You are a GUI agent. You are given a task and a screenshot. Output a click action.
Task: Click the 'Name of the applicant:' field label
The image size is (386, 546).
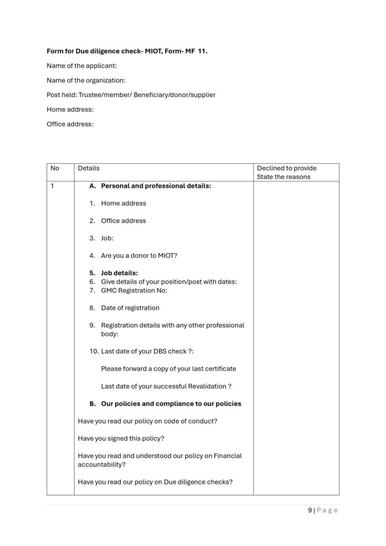click(x=82, y=66)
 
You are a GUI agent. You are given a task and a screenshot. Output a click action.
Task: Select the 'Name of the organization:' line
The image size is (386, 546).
click(x=86, y=81)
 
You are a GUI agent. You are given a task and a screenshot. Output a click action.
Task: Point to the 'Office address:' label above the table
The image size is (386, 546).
click(x=70, y=124)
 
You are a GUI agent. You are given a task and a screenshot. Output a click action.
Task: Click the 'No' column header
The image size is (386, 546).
click(x=54, y=168)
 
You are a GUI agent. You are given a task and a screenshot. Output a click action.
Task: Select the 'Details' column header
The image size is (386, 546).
click(x=89, y=168)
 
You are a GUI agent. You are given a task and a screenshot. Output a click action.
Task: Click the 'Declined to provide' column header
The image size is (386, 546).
click(x=286, y=168)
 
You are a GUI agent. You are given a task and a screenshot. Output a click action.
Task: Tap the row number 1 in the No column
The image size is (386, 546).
click(x=52, y=186)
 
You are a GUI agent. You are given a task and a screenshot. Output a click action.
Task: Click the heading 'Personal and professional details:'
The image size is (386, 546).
click(x=156, y=186)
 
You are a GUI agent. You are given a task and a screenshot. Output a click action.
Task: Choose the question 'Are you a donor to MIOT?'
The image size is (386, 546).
click(x=139, y=255)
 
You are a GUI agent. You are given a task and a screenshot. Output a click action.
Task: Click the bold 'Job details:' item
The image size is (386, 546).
click(x=119, y=273)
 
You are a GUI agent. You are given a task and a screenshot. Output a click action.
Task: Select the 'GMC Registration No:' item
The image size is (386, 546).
click(x=134, y=291)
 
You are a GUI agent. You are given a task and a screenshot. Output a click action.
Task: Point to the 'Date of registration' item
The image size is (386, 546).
click(x=130, y=308)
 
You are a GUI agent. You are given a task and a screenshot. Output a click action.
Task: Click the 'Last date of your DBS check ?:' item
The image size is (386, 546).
click(x=147, y=351)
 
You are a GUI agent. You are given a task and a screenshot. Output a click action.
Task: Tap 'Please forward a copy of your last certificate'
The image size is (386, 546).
click(x=168, y=368)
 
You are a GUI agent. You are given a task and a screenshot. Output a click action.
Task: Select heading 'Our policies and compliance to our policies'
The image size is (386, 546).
click(x=171, y=404)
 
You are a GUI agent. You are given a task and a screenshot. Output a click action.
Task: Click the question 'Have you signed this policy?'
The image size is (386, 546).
click(x=121, y=438)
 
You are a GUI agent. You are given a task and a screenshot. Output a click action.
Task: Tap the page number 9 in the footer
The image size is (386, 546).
click(x=310, y=510)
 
